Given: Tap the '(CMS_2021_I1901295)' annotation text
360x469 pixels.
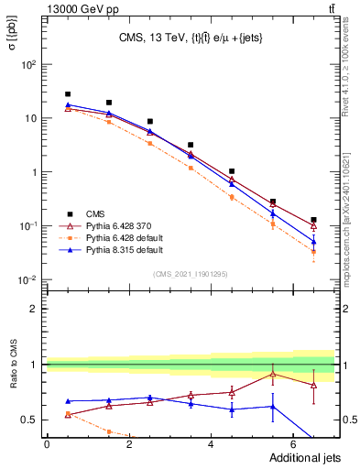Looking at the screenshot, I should [190, 274].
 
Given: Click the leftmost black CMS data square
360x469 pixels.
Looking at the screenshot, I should [68, 94].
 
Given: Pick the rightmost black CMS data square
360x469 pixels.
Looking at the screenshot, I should [313, 220].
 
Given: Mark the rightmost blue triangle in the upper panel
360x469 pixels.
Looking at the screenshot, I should [313, 242].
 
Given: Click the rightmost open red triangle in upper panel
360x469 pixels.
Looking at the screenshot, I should [313, 226].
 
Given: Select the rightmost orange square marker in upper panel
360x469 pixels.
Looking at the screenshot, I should [313, 252].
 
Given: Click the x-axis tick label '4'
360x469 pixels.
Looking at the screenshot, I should [211, 445].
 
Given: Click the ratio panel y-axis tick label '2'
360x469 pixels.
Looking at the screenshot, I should [36, 309].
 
